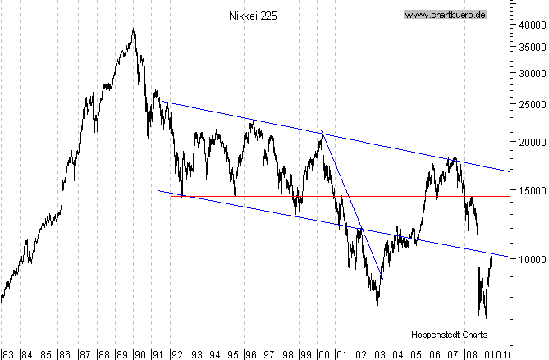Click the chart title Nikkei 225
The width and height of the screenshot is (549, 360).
coord(253,16)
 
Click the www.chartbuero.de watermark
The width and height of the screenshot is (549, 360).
coord(446,15)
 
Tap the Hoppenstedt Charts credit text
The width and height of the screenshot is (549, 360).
coord(449,335)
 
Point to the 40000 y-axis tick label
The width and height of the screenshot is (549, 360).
coord(530,25)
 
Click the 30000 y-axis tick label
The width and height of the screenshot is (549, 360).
coord(530,72)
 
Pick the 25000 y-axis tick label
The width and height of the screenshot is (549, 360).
coord(530,104)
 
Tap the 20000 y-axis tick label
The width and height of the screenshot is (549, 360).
coord(530,142)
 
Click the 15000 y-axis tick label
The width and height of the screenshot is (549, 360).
coord(530,190)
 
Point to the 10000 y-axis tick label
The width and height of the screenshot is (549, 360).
coord(530,259)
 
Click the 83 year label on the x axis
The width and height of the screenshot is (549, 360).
coord(8,354)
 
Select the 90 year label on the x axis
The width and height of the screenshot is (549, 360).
coord(140,354)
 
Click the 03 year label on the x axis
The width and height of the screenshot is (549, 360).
coord(378,354)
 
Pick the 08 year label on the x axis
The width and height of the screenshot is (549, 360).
coord(470,354)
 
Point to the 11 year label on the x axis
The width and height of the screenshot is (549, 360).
coord(507,354)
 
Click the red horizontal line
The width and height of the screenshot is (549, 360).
coord(410,230)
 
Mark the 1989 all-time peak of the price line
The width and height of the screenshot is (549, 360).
coord(133,30)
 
